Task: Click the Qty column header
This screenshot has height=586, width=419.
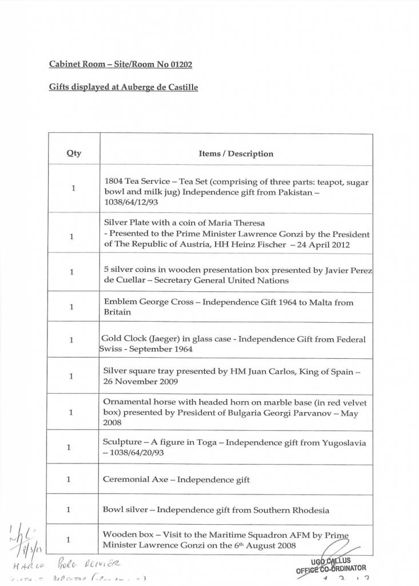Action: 74,153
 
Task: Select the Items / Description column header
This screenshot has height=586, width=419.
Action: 236,153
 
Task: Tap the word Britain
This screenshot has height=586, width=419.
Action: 117,312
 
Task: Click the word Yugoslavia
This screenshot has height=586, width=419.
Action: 341,443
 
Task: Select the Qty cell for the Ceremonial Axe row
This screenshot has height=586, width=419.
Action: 68,479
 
